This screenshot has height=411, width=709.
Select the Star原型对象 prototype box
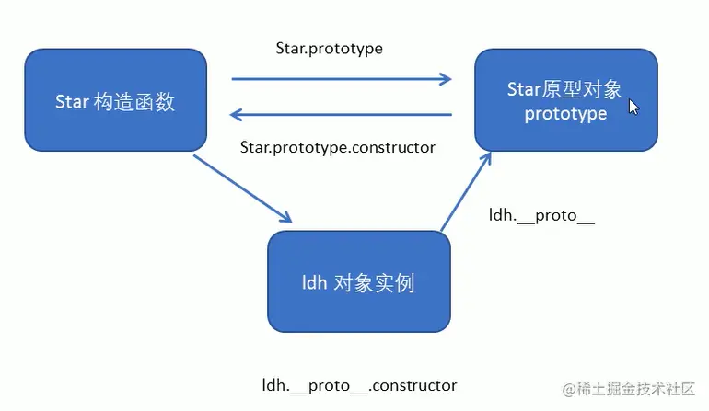[x=565, y=99]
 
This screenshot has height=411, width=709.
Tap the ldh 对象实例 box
[x=358, y=280]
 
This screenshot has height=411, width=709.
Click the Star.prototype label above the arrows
[x=329, y=47]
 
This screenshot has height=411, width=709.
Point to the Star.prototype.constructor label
[x=337, y=146]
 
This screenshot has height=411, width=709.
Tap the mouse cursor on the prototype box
[x=633, y=107]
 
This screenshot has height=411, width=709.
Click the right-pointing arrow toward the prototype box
[x=341, y=79]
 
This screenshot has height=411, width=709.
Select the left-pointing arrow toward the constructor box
[x=341, y=114]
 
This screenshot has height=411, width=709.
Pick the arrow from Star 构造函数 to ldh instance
[x=242, y=188]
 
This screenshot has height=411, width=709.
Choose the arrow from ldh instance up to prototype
[x=465, y=192]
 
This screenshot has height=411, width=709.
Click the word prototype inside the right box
[x=565, y=114]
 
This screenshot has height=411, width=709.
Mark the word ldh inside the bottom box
[x=315, y=282]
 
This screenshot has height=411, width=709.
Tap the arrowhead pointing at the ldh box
[x=285, y=217]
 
